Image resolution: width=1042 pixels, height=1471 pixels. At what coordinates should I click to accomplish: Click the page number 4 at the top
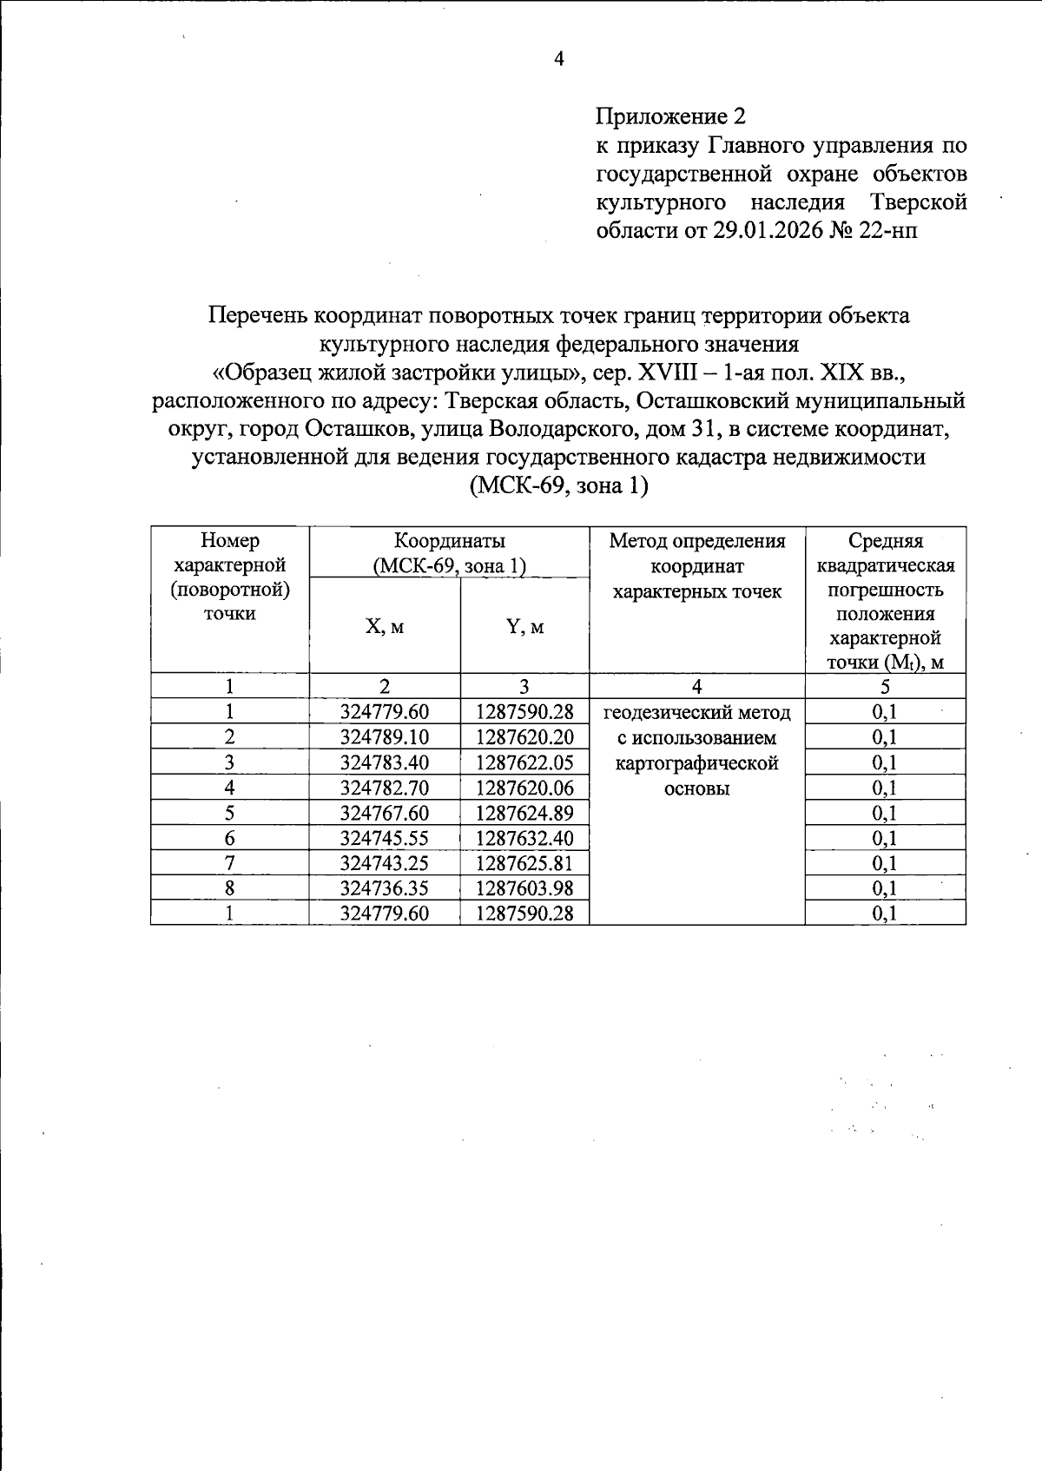point(559,59)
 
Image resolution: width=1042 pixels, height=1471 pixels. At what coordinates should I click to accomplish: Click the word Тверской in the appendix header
point(919,202)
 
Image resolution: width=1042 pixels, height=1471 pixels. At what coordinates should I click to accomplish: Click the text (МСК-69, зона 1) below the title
point(558,485)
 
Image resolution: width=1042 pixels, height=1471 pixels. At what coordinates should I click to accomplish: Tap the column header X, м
point(385,627)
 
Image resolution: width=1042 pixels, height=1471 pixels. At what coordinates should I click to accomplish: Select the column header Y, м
point(524,627)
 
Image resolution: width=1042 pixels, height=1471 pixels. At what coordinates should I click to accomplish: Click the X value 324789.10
point(385,737)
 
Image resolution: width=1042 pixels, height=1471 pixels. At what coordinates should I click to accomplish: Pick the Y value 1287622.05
point(524,762)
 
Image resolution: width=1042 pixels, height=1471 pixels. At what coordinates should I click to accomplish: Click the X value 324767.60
point(385,813)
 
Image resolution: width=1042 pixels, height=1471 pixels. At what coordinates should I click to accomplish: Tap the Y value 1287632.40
point(524,838)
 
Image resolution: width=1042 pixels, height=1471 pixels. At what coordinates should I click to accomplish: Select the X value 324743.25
point(385,863)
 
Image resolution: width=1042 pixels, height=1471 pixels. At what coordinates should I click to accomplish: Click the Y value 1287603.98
point(524,887)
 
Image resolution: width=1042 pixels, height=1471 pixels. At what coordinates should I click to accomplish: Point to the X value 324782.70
point(385,788)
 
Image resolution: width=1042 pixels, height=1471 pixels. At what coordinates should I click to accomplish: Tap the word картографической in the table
point(696,763)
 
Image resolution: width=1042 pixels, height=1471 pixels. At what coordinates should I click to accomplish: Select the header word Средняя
point(885,541)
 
